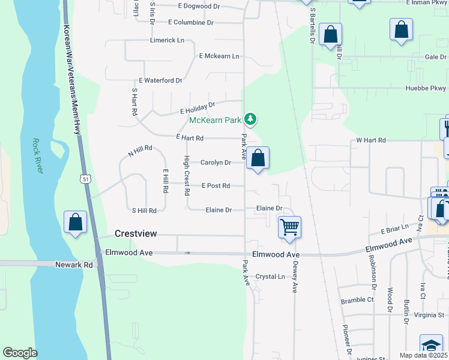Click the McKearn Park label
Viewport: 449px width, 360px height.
click(x=215, y=120)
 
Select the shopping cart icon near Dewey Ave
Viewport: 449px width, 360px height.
click(x=290, y=227)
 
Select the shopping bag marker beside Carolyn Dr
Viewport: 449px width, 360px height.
click(x=258, y=159)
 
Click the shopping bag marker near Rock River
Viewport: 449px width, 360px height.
click(x=76, y=222)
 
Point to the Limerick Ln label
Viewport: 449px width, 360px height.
click(x=167, y=40)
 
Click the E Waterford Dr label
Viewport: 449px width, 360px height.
click(x=160, y=80)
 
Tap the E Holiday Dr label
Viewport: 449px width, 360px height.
click(x=197, y=109)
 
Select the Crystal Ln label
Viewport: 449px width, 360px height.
click(x=270, y=277)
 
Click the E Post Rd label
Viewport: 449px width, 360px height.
click(x=215, y=186)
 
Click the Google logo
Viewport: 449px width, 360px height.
click(x=20, y=353)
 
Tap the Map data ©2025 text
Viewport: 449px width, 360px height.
click(x=423, y=355)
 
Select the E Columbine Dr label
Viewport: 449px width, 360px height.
click(x=191, y=22)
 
